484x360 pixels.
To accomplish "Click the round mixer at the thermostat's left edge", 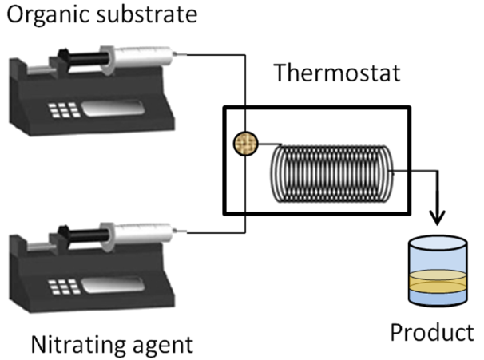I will coord(244,143).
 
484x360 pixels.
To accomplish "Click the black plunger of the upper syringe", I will coord(88,57).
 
